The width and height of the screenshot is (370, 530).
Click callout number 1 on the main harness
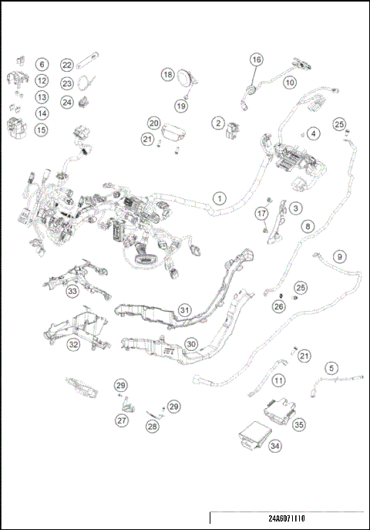pos(220,198)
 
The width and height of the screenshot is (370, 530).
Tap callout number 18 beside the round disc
pos(167,75)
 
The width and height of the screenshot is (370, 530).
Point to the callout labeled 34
pos(275,445)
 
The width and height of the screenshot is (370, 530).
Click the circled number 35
pos(298,424)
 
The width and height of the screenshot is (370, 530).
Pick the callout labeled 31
pos(184,309)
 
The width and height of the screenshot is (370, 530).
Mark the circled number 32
pos(73,345)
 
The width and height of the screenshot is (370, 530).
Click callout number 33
pos(72,292)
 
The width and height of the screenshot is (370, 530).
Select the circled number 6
pos(42,65)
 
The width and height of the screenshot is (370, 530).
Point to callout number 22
pos(67,66)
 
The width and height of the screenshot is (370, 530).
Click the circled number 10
pos(290,82)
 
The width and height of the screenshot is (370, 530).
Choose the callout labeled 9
pos(339,256)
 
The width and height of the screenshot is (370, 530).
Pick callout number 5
pos(331,368)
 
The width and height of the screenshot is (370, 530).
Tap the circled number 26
pos(279,306)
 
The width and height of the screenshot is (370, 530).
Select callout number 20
pos(153,123)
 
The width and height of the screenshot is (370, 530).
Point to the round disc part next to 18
pos(187,78)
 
